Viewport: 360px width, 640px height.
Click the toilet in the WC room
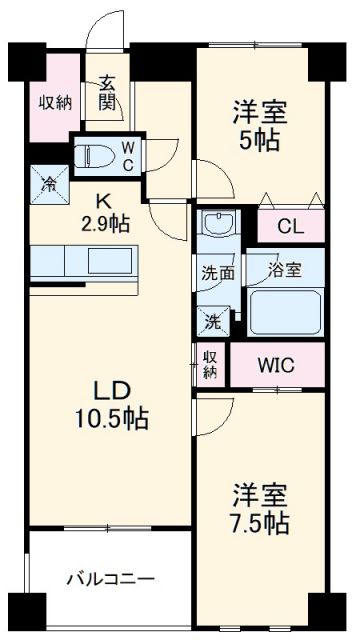pyautogui.click(x=97, y=156)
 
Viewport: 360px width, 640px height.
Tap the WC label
pyautogui.click(x=128, y=156)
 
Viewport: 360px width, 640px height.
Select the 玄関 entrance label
pyautogui.click(x=108, y=94)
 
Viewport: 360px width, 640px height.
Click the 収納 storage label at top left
pyautogui.click(x=54, y=102)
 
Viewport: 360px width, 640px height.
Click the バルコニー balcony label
pyautogui.click(x=111, y=579)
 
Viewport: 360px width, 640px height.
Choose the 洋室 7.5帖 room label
pyautogui.click(x=262, y=508)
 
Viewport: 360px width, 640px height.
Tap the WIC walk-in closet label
pyautogui.click(x=277, y=365)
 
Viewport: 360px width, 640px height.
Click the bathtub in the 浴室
pyautogui.click(x=286, y=311)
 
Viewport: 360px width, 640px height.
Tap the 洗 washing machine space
pyautogui.click(x=212, y=322)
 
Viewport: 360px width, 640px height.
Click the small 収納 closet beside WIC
pyautogui.click(x=211, y=364)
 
